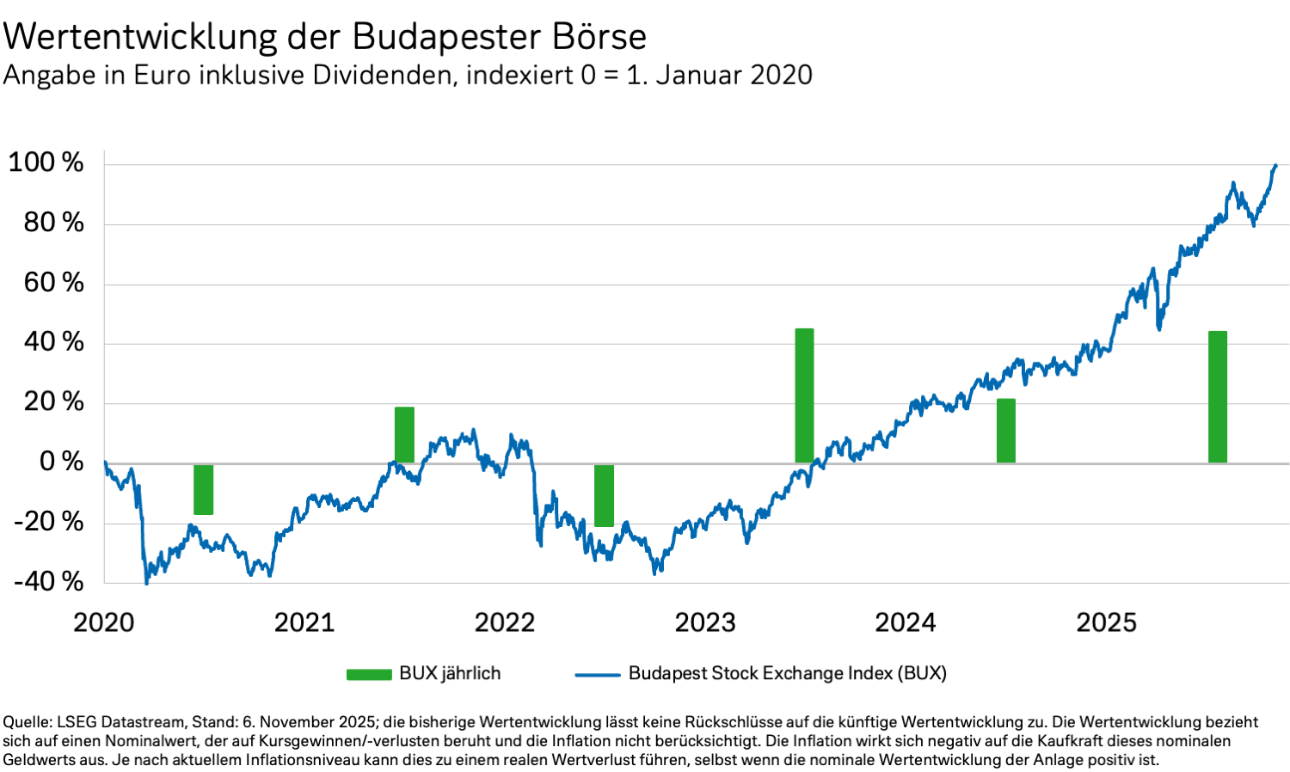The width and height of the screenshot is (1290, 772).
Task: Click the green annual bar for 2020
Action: (x=203, y=489)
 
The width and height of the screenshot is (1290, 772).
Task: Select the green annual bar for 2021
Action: (x=404, y=435)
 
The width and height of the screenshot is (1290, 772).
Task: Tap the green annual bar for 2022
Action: (x=604, y=495)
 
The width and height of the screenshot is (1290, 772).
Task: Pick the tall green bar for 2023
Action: (x=804, y=395)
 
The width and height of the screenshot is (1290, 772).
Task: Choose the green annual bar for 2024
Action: (x=1005, y=431)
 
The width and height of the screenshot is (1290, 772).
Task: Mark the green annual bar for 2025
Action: (x=1217, y=397)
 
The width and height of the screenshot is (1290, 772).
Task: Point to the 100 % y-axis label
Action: (x=46, y=162)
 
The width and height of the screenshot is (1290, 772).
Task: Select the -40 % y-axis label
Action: (x=49, y=582)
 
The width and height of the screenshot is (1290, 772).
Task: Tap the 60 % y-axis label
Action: (x=53, y=283)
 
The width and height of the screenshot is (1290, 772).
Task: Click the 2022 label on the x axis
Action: (x=505, y=622)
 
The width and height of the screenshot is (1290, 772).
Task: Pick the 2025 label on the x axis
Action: (x=1106, y=622)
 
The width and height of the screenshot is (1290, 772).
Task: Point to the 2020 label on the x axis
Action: (x=104, y=622)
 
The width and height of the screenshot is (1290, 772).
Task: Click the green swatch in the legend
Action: (x=369, y=674)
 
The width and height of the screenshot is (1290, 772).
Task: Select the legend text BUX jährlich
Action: (x=450, y=673)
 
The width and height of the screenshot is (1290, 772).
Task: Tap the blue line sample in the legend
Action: (x=598, y=674)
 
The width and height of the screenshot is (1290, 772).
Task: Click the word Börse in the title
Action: (x=599, y=37)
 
